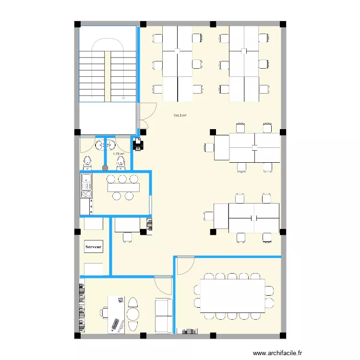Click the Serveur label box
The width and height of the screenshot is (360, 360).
[x=94, y=247]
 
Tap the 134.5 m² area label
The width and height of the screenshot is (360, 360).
[x=180, y=115]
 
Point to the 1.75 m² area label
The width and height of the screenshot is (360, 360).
[x=118, y=154]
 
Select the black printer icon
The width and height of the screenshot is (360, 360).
[x=137, y=144]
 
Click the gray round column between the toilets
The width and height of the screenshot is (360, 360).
[x=105, y=168]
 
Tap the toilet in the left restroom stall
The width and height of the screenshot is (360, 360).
[x=87, y=163]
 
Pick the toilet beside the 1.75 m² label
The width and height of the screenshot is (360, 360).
[x=120, y=163]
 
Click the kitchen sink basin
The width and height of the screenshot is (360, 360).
[x=86, y=182]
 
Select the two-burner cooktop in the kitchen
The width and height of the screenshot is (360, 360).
[x=86, y=194]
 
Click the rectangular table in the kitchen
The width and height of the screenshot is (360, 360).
[x=123, y=187]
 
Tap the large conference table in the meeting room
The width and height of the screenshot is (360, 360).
[x=233, y=295]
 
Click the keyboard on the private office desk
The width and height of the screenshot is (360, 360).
[x=116, y=324]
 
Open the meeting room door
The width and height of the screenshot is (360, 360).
[x=185, y=265]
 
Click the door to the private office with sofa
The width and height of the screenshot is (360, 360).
[x=164, y=285]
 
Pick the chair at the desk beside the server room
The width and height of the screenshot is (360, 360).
[x=127, y=237]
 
